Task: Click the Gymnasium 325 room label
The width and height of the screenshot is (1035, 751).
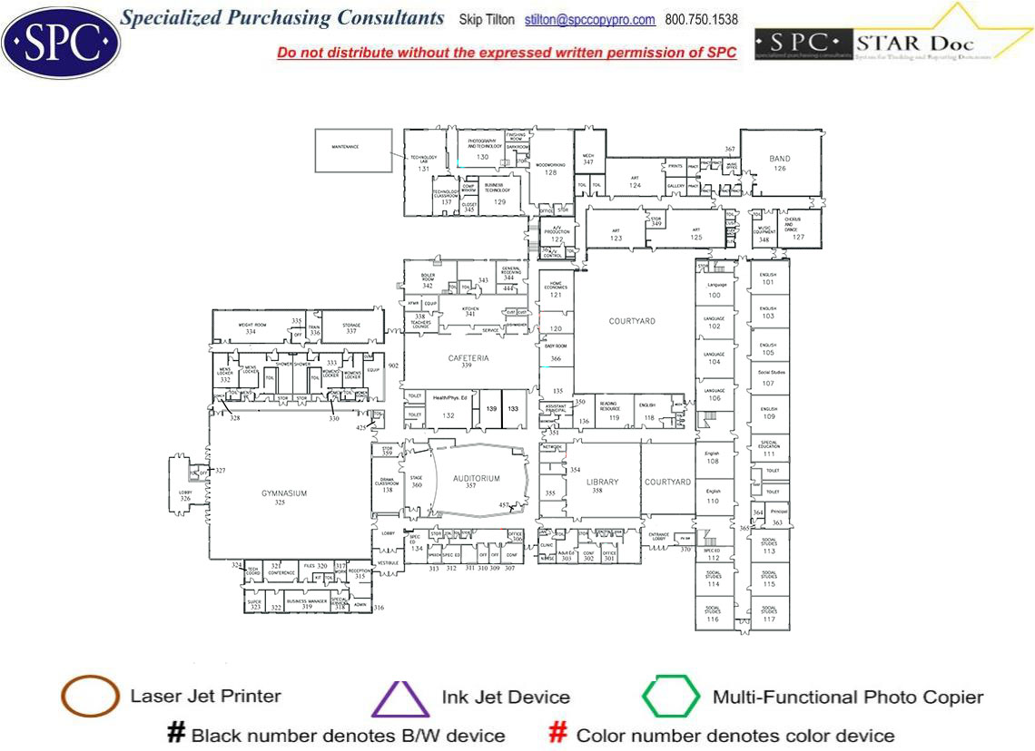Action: [285, 497]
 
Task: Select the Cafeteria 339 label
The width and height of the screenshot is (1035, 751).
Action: [468, 362]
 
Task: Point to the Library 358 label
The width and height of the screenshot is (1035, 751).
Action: [602, 486]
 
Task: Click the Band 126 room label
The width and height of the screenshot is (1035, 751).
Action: [780, 163]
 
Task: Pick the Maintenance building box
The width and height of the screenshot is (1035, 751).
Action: [353, 150]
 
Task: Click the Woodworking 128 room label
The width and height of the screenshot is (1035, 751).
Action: [550, 169]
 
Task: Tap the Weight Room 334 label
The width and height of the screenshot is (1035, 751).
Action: [251, 328]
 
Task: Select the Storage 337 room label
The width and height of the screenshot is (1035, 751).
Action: [351, 328]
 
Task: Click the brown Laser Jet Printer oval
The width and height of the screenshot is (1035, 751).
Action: [90, 697]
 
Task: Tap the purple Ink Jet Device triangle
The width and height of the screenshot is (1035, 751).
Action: [399, 698]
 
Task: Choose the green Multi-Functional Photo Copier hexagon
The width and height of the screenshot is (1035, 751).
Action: [671, 697]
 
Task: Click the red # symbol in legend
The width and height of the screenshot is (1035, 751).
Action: [559, 734]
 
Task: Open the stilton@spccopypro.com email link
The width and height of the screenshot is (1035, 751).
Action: [590, 20]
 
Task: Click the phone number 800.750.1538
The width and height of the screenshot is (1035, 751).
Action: [701, 20]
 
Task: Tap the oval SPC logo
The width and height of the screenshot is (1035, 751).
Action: [61, 41]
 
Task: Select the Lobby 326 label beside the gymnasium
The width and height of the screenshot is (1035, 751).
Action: [185, 495]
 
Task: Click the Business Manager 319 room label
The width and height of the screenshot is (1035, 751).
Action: [306, 604]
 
